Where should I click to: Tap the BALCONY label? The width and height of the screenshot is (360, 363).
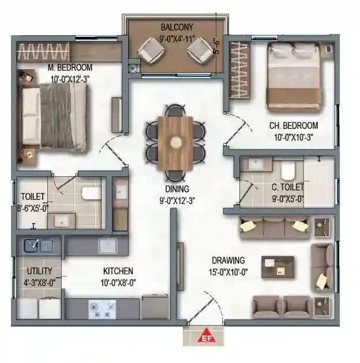(177, 27)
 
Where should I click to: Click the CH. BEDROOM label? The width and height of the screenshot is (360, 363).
(294, 126)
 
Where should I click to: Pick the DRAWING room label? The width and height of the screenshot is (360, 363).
(228, 260)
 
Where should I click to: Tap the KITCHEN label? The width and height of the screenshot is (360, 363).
(118, 271)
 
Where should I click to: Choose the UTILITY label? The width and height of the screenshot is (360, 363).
(39, 271)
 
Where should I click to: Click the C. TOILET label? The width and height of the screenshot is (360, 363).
(287, 187)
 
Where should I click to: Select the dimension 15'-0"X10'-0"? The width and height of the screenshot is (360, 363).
(228, 271)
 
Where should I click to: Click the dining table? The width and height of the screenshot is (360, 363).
(176, 142)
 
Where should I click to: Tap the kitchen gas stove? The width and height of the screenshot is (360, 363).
(102, 309)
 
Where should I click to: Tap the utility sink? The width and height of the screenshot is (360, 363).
(38, 246)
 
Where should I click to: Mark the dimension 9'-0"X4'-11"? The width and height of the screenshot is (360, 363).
(177, 40)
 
